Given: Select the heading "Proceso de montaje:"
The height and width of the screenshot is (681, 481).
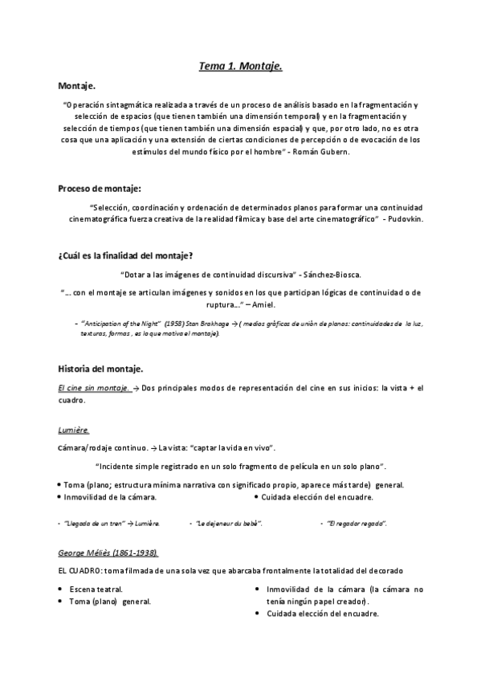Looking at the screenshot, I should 100,189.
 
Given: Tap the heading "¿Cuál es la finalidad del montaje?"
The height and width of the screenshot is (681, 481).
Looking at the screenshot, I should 125,256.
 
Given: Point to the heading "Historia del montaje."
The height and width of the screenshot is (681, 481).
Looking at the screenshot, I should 100,369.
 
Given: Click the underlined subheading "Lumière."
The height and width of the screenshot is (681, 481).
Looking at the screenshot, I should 74,430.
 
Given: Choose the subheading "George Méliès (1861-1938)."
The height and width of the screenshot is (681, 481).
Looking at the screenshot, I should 108,553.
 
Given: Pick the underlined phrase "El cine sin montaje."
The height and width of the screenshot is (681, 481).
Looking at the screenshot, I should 93,389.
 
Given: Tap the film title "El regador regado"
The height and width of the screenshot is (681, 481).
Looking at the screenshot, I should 357,524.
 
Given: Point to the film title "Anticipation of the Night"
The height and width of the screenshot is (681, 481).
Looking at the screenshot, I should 116,324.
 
